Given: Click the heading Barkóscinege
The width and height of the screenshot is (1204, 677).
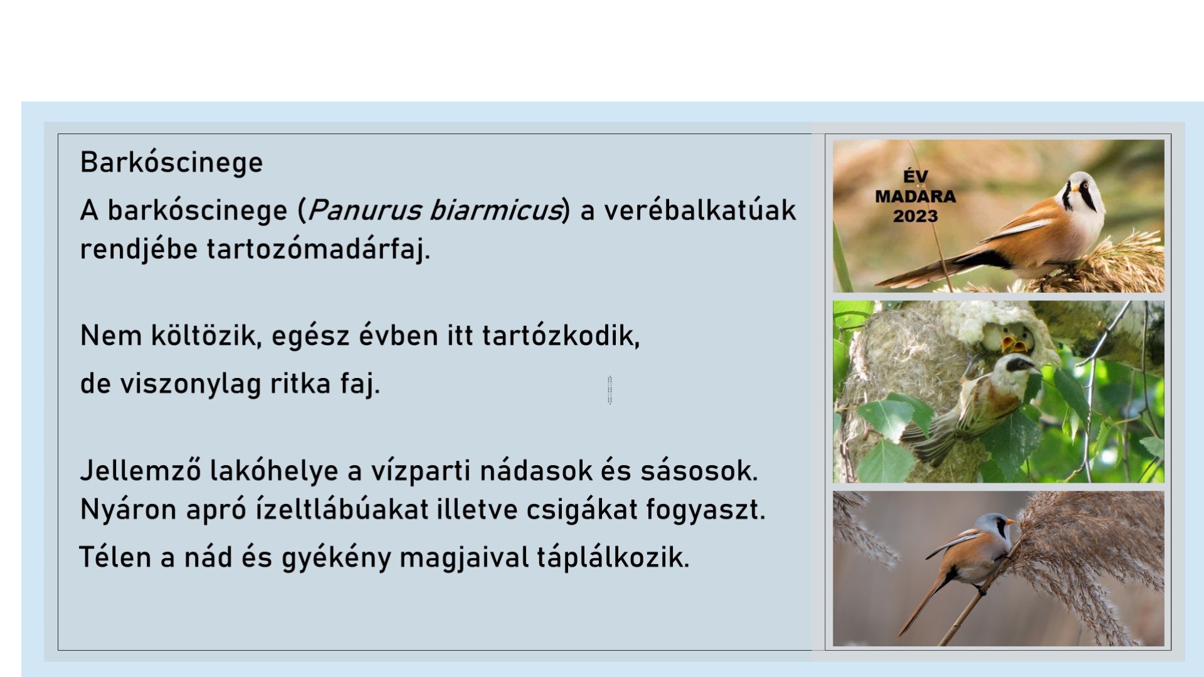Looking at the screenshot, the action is [171, 162].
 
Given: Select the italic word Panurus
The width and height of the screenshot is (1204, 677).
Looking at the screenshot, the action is [364, 210].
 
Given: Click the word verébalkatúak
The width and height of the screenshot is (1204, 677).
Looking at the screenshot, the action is [700, 210].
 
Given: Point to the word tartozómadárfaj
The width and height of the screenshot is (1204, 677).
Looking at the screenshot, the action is [319, 249].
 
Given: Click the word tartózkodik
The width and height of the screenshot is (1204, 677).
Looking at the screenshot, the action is [561, 336].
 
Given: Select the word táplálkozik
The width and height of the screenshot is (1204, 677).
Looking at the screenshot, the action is [613, 557].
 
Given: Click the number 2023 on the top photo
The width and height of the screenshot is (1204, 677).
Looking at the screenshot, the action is [916, 216].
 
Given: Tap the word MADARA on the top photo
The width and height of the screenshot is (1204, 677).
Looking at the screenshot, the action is [916, 197].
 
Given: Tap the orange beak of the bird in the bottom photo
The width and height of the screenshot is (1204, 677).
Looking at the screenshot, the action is [1008, 522].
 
